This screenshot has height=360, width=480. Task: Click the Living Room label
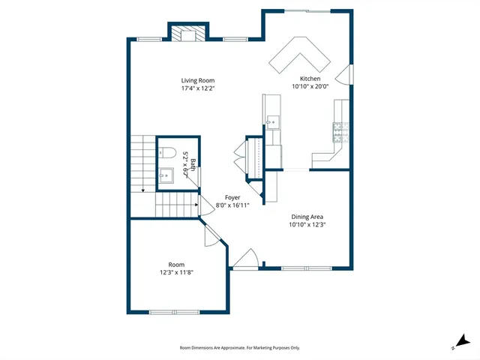[x=198, y=80]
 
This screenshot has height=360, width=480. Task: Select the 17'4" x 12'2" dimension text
[x=198, y=88]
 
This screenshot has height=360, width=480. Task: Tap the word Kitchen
[x=310, y=79]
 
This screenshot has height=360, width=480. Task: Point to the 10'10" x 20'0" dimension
[x=310, y=86]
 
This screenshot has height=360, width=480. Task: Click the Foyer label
[x=232, y=197]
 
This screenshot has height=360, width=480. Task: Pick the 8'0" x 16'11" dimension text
[x=232, y=205]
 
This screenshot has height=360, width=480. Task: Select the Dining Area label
[x=307, y=217]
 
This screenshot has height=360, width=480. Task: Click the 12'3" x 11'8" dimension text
[x=176, y=272]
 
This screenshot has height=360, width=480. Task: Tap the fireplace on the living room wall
[x=184, y=34]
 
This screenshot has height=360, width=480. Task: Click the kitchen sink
[x=272, y=120]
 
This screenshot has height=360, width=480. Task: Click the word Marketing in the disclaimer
[x=259, y=348]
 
